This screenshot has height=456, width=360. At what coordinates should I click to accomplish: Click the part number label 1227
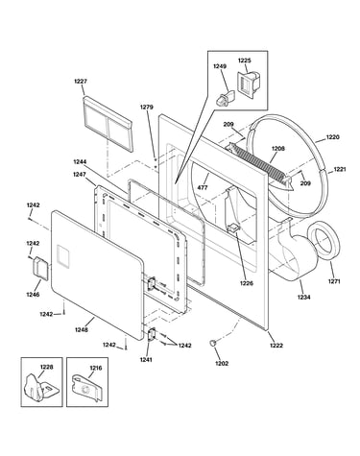[81, 82]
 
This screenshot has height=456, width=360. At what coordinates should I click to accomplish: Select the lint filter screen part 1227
[107, 123]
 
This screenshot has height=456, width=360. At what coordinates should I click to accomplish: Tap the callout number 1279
[147, 108]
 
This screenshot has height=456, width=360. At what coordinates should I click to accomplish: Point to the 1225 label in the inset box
[245, 60]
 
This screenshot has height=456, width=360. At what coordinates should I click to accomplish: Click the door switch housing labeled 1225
[247, 84]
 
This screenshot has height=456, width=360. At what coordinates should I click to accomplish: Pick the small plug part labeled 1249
[224, 97]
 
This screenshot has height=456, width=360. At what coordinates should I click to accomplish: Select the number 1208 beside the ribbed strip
[278, 149]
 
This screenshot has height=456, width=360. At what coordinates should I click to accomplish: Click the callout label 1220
[333, 137]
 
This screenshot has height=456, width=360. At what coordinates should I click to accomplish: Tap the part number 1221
[340, 169]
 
